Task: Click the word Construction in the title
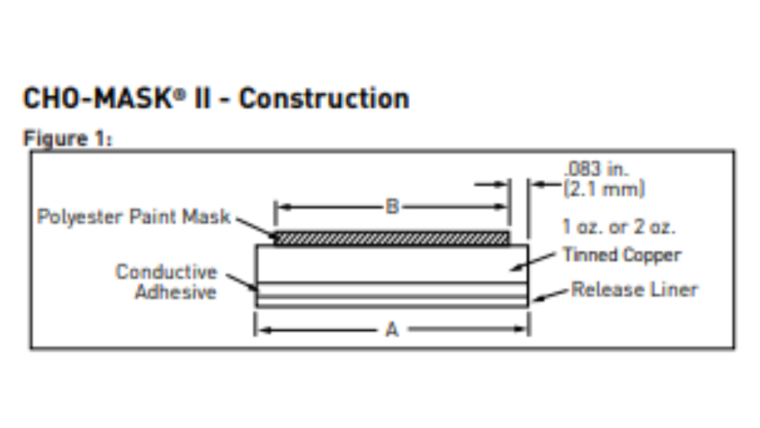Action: (x=323, y=99)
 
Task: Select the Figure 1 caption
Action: (x=67, y=139)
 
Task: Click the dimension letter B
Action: (x=392, y=207)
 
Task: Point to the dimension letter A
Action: (x=391, y=330)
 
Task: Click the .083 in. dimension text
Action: (x=596, y=169)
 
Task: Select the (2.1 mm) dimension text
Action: (x=604, y=189)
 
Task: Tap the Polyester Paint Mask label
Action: (x=134, y=217)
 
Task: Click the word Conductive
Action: (x=166, y=273)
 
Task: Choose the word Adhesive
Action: (x=175, y=292)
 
